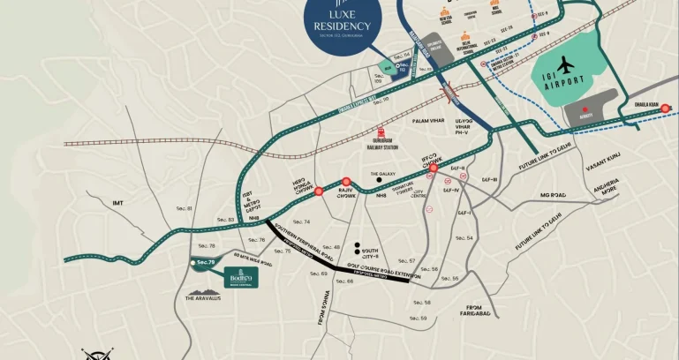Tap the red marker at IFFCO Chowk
(x=434, y=166)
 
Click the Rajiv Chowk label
(x=347, y=196)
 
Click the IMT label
(x=117, y=203)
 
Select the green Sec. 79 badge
(x=206, y=262)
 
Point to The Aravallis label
(x=205, y=298)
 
